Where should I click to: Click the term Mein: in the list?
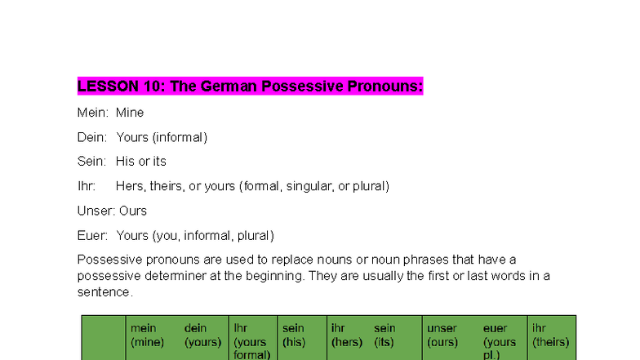click(x=93, y=113)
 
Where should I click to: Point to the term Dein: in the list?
click(x=92, y=137)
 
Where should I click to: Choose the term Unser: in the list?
click(x=96, y=211)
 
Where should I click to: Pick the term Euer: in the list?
click(x=92, y=236)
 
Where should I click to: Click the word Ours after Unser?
click(x=133, y=211)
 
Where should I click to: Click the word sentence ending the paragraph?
click(x=104, y=291)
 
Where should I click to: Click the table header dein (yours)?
click(x=202, y=336)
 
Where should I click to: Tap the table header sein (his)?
click(x=294, y=336)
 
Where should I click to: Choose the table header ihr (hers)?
click(x=346, y=336)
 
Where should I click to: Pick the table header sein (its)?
click(x=384, y=336)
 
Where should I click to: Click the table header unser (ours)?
click(x=442, y=336)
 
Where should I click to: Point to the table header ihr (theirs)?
click(x=550, y=336)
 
